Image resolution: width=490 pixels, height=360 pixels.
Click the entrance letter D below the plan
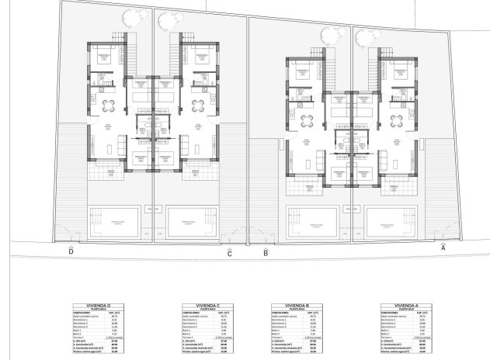pos(71,251)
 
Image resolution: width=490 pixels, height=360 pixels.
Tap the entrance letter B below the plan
pos(266,252)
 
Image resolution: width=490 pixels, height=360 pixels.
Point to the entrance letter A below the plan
pos(443,247)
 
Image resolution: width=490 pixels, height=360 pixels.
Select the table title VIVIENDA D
pos(102,306)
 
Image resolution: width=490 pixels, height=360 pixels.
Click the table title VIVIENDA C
pos(203,306)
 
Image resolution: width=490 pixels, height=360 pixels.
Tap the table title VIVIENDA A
pos(401,306)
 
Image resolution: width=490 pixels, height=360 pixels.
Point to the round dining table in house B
pos(303,119)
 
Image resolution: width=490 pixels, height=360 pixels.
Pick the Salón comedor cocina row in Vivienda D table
pos(102,316)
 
